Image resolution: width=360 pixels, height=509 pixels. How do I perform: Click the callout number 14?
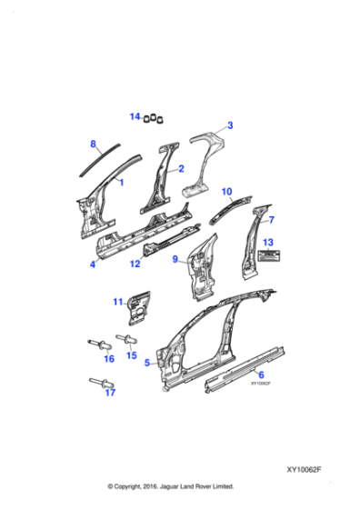click(135, 116)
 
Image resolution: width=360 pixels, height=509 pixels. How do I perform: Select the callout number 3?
click(230, 125)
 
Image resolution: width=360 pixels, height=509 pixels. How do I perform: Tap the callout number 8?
click(93, 144)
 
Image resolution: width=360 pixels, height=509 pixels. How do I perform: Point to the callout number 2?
click(181, 168)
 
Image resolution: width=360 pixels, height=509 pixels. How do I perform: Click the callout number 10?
click(227, 192)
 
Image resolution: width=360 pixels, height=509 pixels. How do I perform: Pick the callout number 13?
click(267, 242)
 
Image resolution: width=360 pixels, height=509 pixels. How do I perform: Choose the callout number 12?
click(134, 264)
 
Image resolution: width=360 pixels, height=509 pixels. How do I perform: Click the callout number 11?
click(117, 302)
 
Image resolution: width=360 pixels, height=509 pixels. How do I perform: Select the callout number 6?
click(261, 374)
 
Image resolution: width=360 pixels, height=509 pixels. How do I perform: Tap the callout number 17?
click(110, 394)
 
